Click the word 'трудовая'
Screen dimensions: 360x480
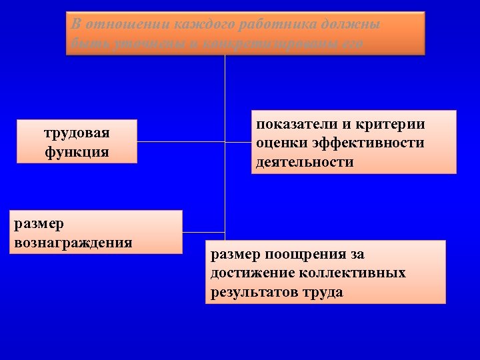click(x=77, y=133)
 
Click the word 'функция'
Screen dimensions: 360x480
click(x=77, y=151)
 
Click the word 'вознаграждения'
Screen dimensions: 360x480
click(x=73, y=241)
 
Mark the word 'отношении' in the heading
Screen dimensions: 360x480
click(x=127, y=25)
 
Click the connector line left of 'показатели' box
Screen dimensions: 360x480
click(x=239, y=142)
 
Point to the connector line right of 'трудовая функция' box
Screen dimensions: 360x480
click(x=180, y=142)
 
